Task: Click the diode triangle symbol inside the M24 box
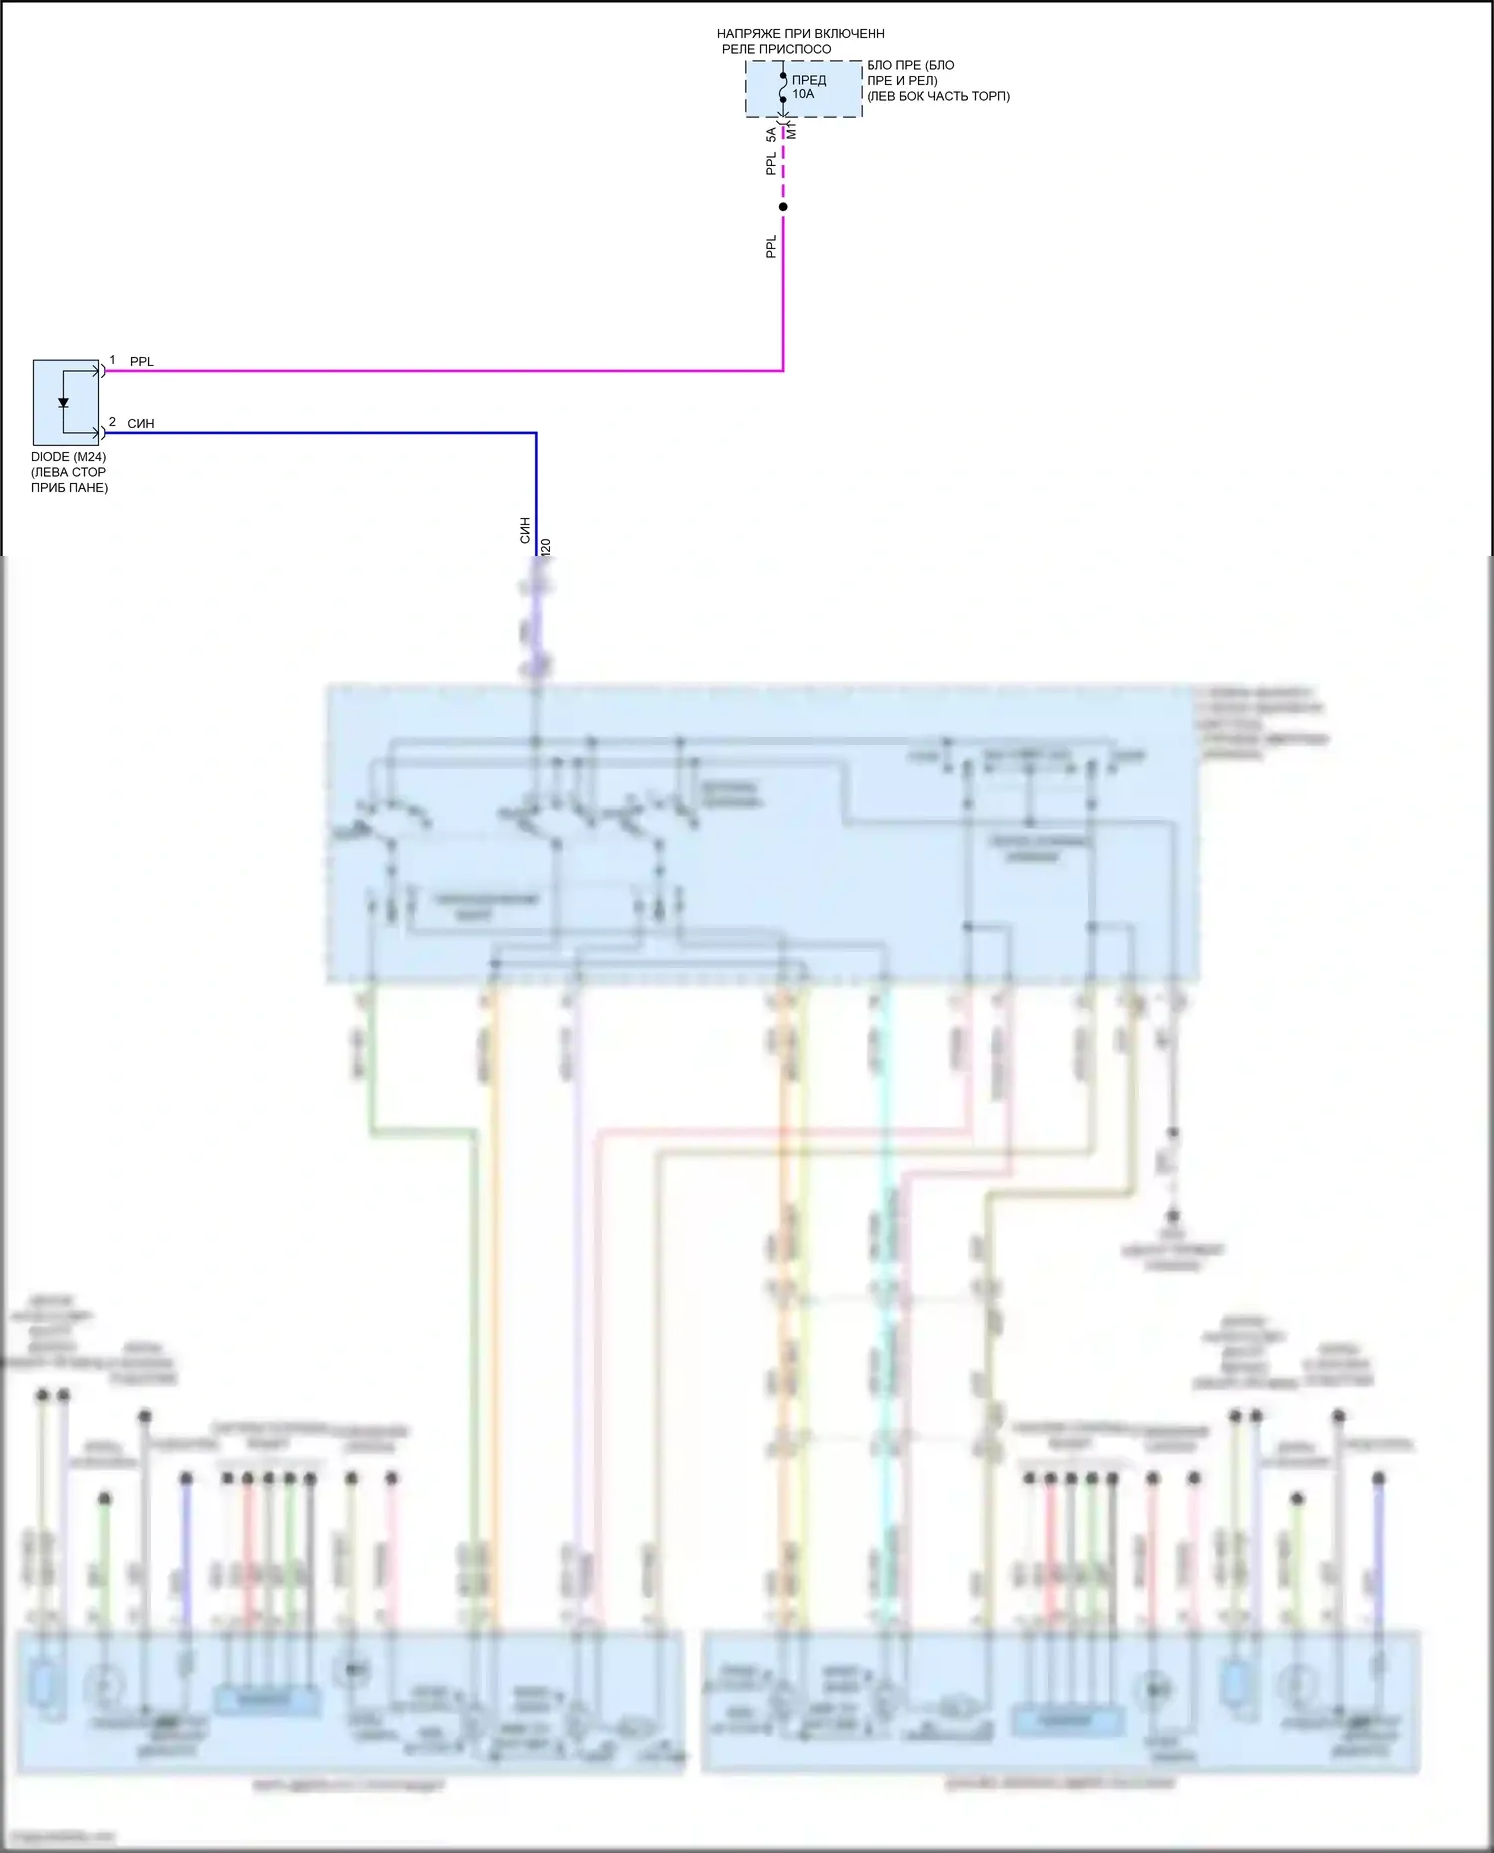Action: coord(63,403)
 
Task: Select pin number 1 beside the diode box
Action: coord(112,360)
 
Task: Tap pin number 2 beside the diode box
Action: coord(112,422)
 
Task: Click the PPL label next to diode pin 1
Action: coord(142,362)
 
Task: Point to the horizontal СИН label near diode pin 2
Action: coord(141,424)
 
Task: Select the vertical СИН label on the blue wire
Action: coord(525,530)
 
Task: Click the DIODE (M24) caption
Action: coord(68,457)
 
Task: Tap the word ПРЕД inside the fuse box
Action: coord(809,80)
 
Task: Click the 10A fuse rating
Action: coord(803,94)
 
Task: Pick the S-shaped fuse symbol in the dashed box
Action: coord(784,88)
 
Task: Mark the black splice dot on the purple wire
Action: coord(783,207)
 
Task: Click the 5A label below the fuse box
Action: coord(771,134)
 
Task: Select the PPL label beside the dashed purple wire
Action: coord(771,163)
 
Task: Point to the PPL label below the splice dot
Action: coord(771,246)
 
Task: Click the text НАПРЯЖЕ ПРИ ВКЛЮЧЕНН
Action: coord(800,34)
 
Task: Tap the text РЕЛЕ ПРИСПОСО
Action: coord(776,49)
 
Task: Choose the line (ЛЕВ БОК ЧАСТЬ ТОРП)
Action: coord(937,96)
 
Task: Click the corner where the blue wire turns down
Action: coord(536,433)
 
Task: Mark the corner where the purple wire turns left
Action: coord(783,370)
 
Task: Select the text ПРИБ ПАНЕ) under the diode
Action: coord(69,488)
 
